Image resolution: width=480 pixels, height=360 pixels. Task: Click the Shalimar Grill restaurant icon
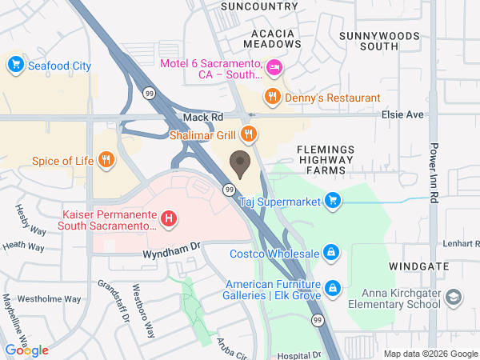click(x=249, y=134)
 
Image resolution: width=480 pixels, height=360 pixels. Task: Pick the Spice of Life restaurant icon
click(x=106, y=160)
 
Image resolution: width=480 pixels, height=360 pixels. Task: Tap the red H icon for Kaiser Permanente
click(x=169, y=218)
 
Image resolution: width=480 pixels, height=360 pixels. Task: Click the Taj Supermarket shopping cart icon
click(x=334, y=201)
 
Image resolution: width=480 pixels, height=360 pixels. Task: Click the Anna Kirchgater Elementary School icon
click(x=454, y=298)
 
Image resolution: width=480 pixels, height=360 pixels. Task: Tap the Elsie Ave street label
click(x=403, y=114)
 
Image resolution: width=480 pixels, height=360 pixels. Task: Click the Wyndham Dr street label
click(x=170, y=254)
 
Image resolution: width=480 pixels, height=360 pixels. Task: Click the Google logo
click(x=26, y=350)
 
